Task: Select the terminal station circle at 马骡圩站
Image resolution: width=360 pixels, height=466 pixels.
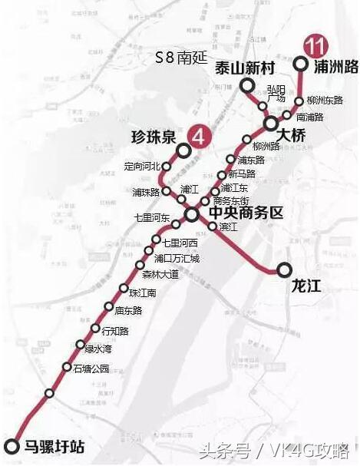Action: click(11, 446)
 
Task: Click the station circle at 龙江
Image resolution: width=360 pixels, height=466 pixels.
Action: click(285, 269)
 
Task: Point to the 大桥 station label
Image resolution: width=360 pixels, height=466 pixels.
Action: click(292, 135)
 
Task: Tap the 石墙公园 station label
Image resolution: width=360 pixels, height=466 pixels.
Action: click(91, 368)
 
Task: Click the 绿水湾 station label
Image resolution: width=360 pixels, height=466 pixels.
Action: click(98, 347)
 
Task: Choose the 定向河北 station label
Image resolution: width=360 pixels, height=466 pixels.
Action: click(142, 165)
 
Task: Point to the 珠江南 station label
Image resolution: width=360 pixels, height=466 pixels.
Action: click(143, 292)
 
